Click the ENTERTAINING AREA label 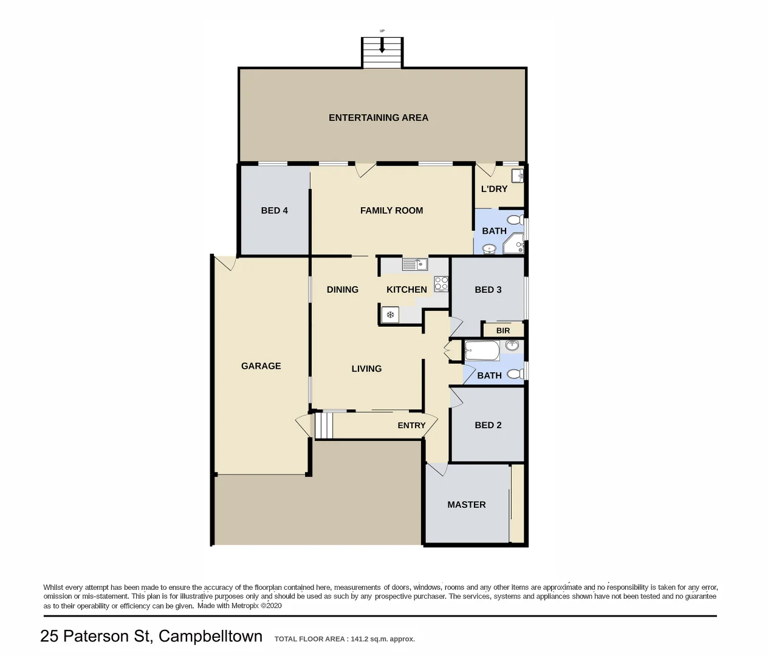tap(378, 118)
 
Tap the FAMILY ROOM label tap(391, 211)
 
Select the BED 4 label tap(274, 211)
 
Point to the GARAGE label tap(261, 366)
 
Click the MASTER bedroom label tap(466, 505)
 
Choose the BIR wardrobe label tap(503, 330)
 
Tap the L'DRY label tap(494, 189)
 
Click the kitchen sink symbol tap(414, 264)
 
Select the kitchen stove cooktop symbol tap(441, 284)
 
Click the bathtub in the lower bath tap(482, 350)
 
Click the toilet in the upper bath tap(515, 219)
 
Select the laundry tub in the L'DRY tap(517, 176)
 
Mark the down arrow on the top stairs tap(382, 46)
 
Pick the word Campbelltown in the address tap(210, 636)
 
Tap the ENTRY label tap(411, 425)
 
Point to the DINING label tap(342, 290)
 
